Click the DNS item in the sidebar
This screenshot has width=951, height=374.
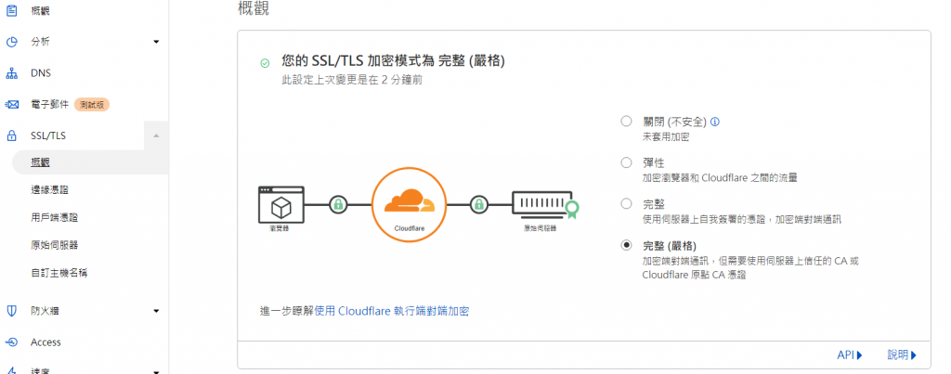point(41,72)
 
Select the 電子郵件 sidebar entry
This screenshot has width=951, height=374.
point(48,104)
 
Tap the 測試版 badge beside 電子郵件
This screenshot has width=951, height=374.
point(93,104)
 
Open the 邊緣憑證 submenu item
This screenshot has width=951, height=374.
point(49,189)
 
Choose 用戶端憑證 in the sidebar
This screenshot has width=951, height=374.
point(54,217)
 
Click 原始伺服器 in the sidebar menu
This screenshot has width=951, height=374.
point(54,245)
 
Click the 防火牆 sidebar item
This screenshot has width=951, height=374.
point(46,311)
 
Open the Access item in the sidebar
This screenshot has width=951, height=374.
point(46,342)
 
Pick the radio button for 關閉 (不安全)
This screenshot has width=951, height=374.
point(626,122)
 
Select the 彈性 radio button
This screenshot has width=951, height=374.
point(626,162)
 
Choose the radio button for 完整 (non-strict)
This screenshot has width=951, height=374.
point(626,204)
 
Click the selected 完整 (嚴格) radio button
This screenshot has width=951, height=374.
point(626,245)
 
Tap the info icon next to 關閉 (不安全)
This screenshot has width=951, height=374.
point(716,122)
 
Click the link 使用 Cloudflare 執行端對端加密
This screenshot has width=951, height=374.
point(397,310)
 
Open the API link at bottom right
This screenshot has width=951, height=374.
point(849,355)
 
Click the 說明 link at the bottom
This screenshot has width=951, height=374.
point(901,355)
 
